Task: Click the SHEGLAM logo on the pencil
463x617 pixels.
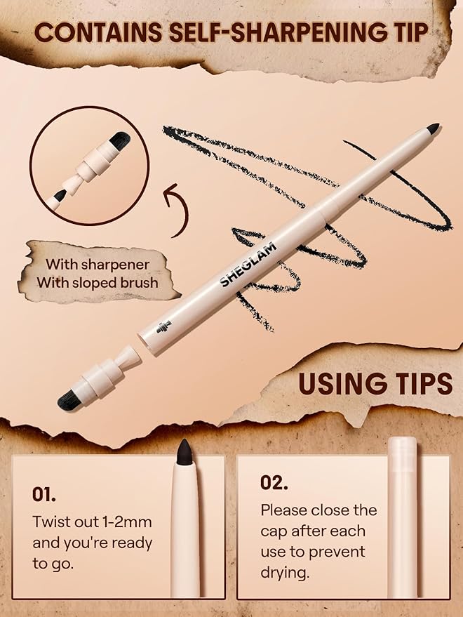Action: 248,265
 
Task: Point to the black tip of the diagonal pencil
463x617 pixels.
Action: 433,128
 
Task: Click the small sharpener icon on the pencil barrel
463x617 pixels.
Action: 163,327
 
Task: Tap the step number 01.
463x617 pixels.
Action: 43,495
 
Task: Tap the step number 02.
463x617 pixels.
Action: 274,482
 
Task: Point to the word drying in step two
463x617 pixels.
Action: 285,573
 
